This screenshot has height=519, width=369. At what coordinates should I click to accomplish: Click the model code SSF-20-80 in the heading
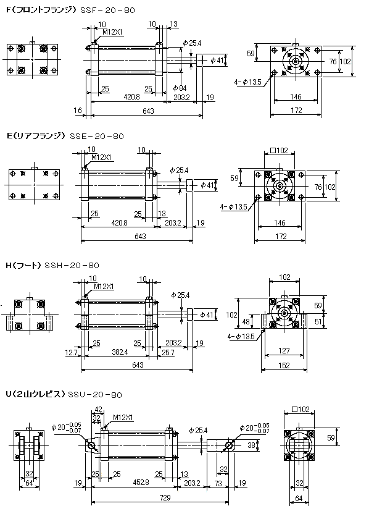coord(108,11)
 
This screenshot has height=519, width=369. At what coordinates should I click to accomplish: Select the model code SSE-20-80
coord(97,136)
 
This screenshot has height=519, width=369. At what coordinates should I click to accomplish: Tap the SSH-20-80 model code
coord(72,265)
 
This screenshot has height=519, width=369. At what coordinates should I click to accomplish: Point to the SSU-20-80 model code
coord(95,395)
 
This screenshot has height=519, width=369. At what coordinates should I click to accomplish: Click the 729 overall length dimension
coord(165,497)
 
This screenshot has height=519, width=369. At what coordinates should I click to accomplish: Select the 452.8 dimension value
coord(141,483)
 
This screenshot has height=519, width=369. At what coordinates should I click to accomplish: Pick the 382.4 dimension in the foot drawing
coord(120,352)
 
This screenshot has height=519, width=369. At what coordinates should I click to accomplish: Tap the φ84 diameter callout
coord(180,88)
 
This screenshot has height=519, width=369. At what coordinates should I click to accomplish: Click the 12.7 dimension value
coord(71,353)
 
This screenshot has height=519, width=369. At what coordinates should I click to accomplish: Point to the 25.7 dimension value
coord(168,353)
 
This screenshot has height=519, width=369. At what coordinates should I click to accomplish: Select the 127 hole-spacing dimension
coord(284,350)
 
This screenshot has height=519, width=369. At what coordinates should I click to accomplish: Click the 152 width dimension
coord(284,365)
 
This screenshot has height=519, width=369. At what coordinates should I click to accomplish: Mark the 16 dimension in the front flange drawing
coord(78,110)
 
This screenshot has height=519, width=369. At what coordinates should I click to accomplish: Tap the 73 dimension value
coord(218,483)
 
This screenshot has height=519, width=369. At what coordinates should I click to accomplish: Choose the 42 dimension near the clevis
coord(99,410)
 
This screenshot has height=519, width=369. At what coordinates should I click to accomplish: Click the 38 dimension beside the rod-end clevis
coord(252,445)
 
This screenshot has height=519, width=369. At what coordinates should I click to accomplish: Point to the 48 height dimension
coord(246,321)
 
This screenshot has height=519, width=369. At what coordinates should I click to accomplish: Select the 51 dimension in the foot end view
coord(318,321)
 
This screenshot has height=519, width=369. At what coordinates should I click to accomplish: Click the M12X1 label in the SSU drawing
coord(123,418)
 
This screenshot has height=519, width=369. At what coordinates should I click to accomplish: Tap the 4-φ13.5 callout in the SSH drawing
coord(241,337)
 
